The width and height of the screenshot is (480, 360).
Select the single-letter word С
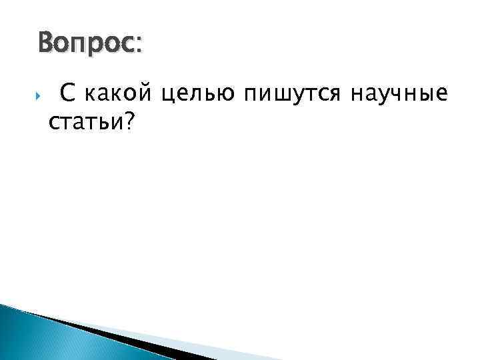67,96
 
